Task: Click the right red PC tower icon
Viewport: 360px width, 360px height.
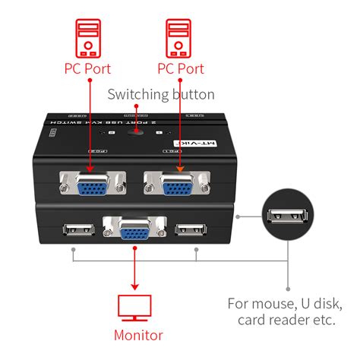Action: [x=180, y=38]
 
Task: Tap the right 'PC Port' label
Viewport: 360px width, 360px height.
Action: [x=180, y=69]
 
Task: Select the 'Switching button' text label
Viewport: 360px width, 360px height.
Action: [x=160, y=95]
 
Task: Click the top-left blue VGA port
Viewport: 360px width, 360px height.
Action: [x=93, y=184]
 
